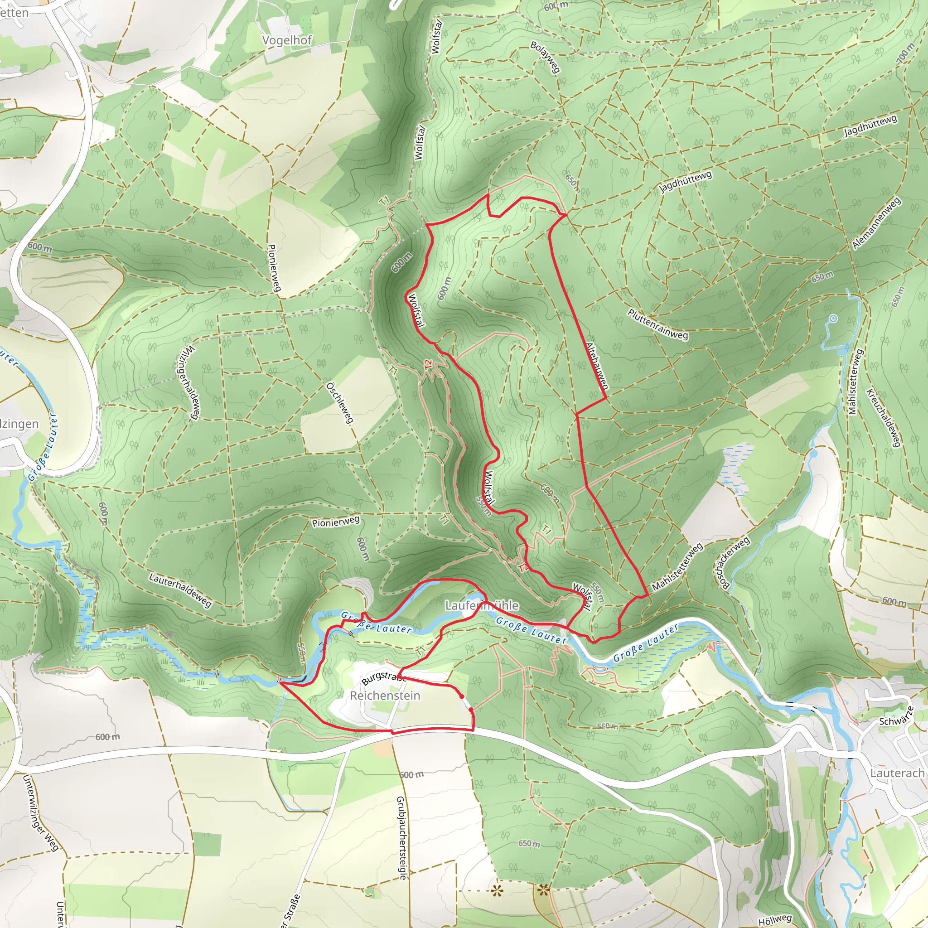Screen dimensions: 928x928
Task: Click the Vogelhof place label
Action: [287, 40]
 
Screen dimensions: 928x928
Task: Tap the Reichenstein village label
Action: [385, 695]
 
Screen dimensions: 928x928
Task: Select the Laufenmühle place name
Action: [482, 605]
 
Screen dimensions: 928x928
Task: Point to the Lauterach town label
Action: [897, 773]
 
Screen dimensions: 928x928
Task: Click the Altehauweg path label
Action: [597, 366]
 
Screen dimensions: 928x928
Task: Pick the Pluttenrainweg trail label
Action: [657, 325]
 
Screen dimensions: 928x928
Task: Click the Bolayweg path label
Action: [545, 57]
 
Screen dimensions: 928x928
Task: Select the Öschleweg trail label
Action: [340, 402]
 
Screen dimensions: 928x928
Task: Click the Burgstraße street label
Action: [383, 678]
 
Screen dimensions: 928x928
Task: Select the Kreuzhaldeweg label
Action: [883, 418]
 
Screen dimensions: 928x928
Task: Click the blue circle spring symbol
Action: [833, 319]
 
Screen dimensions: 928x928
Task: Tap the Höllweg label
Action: [775, 920]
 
